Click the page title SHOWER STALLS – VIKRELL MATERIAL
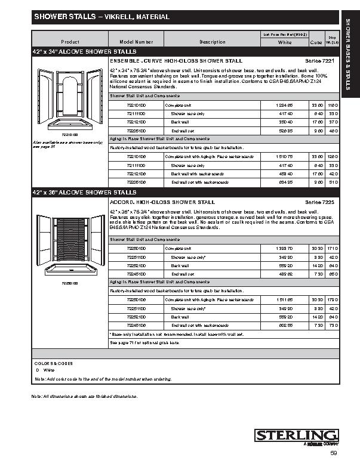point(101,17)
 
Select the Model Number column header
point(136,42)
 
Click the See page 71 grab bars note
point(144,343)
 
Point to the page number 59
point(333,453)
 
